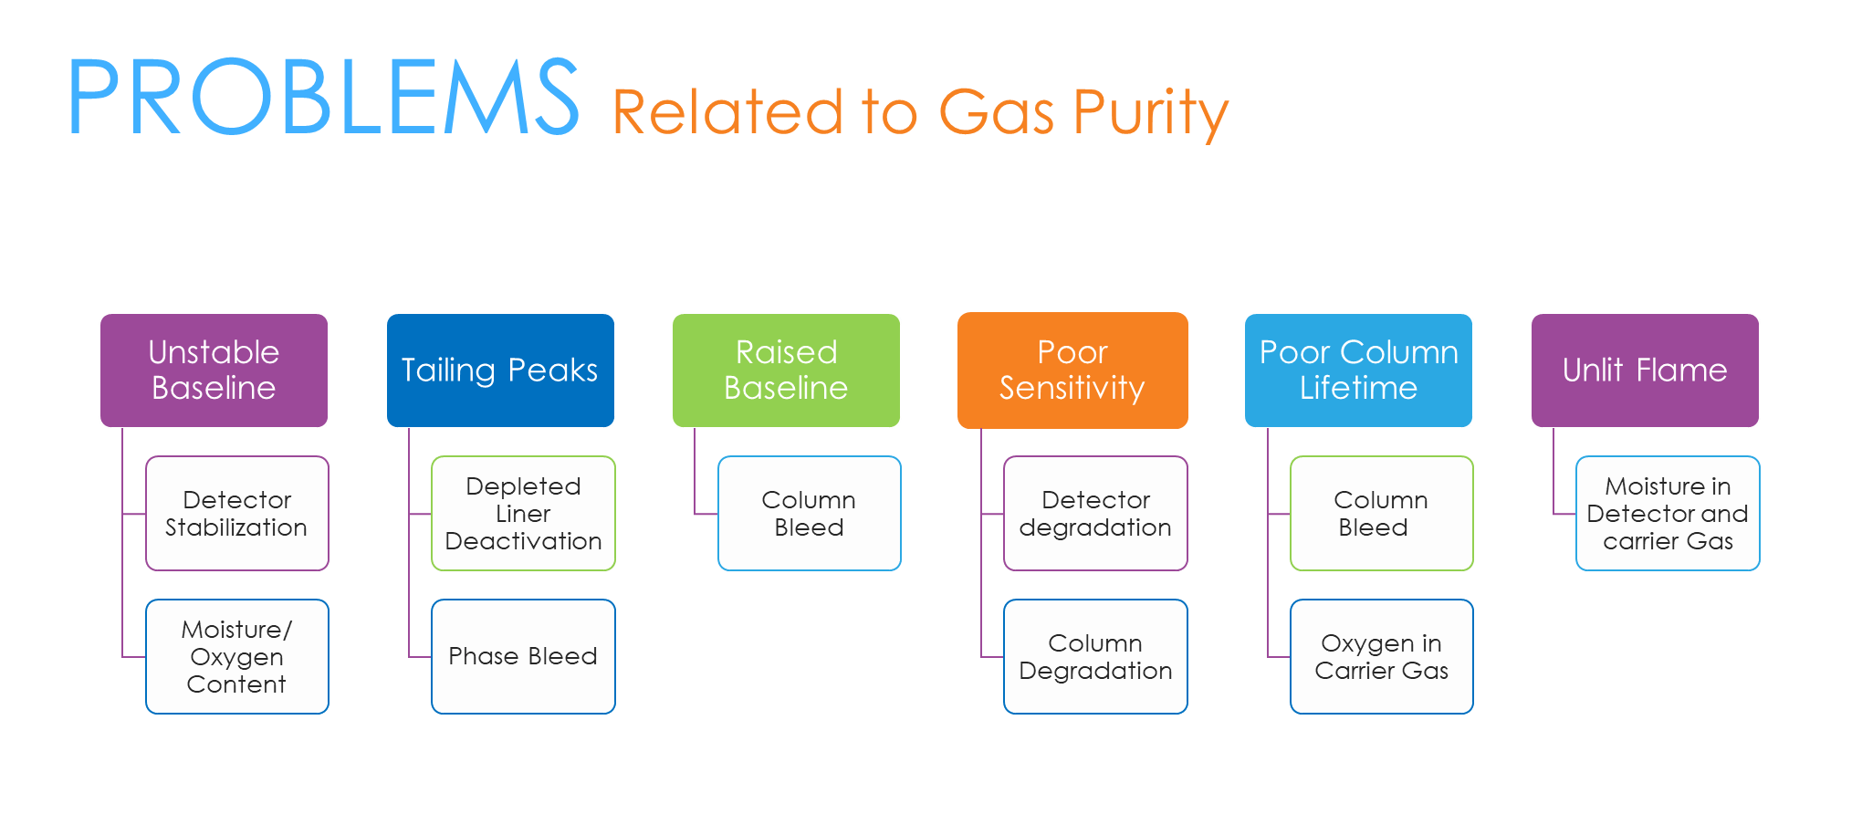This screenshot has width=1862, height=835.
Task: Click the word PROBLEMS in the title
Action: click(x=323, y=97)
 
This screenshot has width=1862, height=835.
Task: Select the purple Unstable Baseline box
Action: click(x=214, y=370)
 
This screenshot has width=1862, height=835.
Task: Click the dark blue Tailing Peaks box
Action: click(x=500, y=370)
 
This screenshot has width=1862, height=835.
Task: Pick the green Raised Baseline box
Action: click(x=786, y=370)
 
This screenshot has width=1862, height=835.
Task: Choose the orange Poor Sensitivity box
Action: click(x=1072, y=370)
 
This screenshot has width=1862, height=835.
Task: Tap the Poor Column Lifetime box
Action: click(x=1358, y=370)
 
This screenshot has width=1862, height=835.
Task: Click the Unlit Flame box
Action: click(x=1645, y=370)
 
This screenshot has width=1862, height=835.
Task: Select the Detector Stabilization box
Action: click(x=236, y=513)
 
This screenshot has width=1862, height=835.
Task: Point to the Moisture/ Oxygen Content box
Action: click(x=236, y=656)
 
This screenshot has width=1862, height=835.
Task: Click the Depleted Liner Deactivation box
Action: click(x=523, y=513)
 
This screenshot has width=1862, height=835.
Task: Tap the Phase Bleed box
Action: click(x=523, y=656)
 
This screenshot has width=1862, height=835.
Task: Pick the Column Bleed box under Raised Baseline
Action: click(x=809, y=513)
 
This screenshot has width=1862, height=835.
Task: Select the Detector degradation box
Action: click(x=1095, y=513)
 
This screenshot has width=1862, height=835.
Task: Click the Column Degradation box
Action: click(x=1095, y=656)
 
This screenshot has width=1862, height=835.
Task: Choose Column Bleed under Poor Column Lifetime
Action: click(x=1381, y=513)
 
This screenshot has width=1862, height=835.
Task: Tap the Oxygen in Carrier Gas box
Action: click(x=1381, y=656)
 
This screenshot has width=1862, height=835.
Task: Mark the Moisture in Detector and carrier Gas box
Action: click(x=1668, y=513)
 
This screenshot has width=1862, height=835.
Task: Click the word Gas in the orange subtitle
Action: click(x=997, y=113)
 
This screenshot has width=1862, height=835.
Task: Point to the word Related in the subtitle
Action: click(x=727, y=113)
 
